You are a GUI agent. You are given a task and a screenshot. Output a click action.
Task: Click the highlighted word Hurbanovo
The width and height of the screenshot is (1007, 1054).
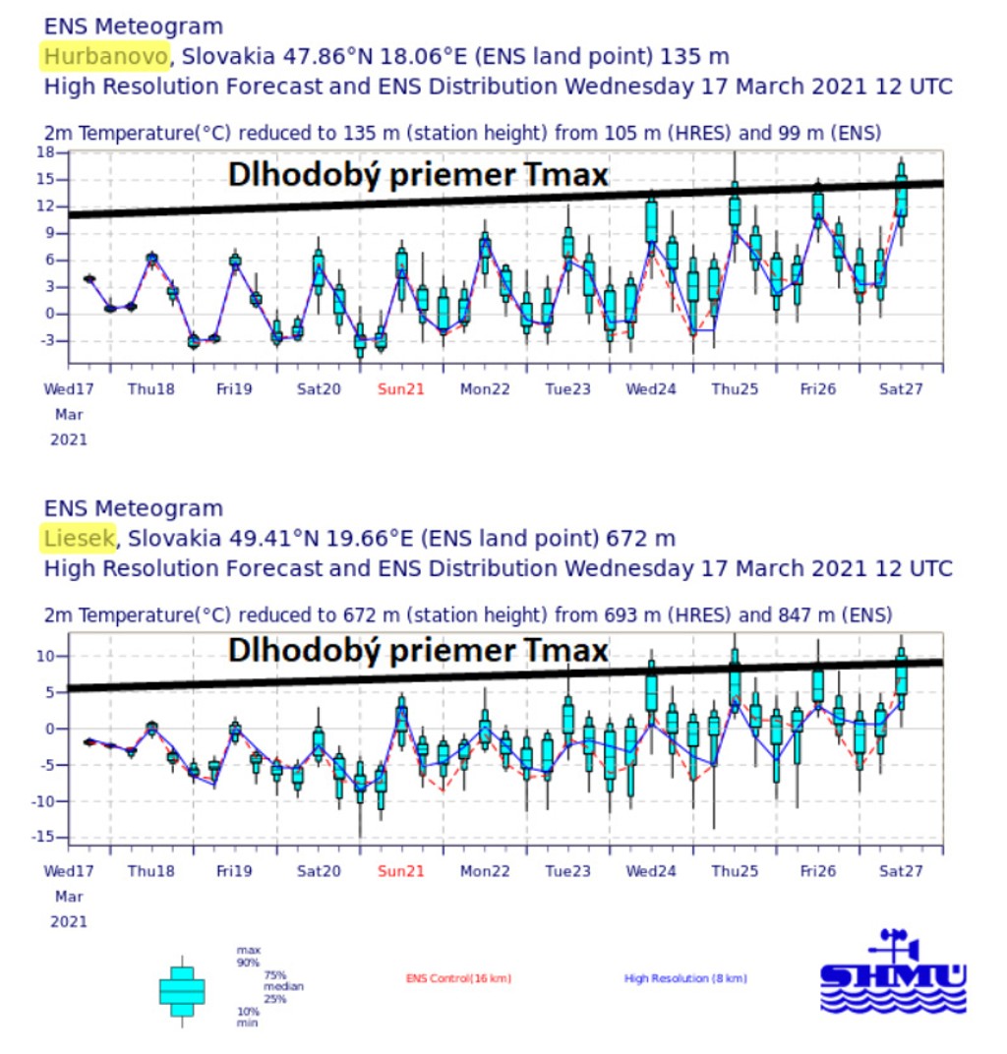pyautogui.click(x=106, y=56)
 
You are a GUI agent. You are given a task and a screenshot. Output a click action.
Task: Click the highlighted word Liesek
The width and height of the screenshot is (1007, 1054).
pyautogui.click(x=80, y=538)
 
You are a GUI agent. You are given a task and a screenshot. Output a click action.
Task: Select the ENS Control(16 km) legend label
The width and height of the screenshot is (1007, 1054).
pyautogui.click(x=458, y=978)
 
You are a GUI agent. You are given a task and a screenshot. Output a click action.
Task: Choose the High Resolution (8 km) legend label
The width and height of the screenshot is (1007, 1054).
pyautogui.click(x=685, y=978)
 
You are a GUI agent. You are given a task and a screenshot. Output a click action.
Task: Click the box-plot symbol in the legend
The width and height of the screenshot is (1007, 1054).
pyautogui.click(x=182, y=990)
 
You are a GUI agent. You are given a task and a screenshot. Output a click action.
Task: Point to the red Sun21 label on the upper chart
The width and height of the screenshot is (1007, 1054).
pyautogui.click(x=401, y=388)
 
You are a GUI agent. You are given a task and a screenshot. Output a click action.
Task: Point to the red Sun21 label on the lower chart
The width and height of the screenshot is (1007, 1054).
pyautogui.click(x=401, y=871)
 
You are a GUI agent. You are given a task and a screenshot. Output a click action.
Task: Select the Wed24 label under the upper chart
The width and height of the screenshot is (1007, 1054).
pyautogui.click(x=651, y=388)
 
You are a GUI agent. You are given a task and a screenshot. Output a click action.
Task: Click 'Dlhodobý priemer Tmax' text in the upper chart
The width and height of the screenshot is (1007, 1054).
pyautogui.click(x=418, y=175)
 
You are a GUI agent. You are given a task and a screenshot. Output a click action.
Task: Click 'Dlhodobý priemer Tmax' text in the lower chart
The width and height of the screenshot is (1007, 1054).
pyautogui.click(x=418, y=651)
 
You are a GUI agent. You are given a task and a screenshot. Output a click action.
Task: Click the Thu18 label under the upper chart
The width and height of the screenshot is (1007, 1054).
pyautogui.click(x=151, y=388)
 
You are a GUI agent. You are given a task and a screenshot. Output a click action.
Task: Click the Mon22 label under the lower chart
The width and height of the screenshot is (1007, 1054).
pyautogui.click(x=485, y=871)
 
